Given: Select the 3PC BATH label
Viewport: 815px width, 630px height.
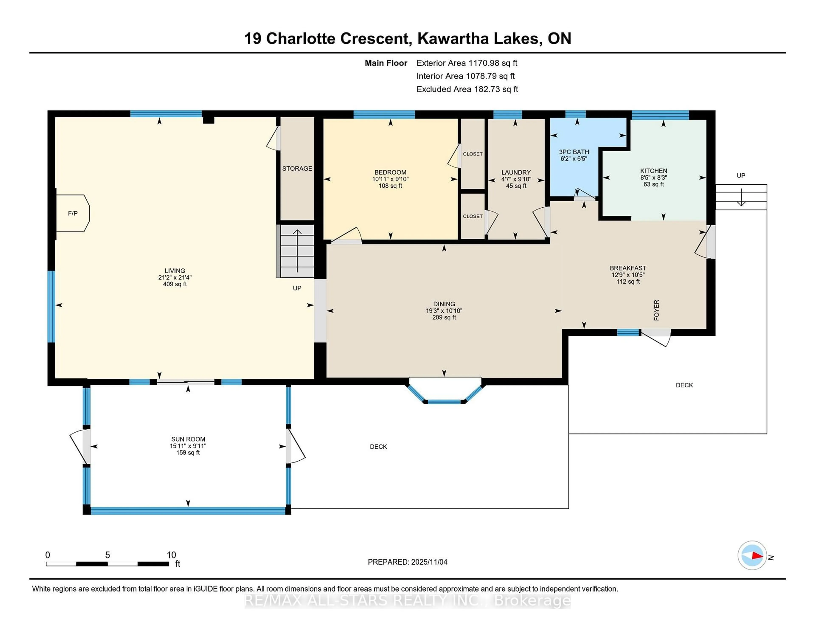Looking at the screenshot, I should [x=574, y=152].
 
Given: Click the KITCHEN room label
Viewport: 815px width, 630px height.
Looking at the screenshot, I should [x=653, y=171].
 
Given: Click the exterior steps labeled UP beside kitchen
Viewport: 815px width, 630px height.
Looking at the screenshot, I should [x=741, y=197].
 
